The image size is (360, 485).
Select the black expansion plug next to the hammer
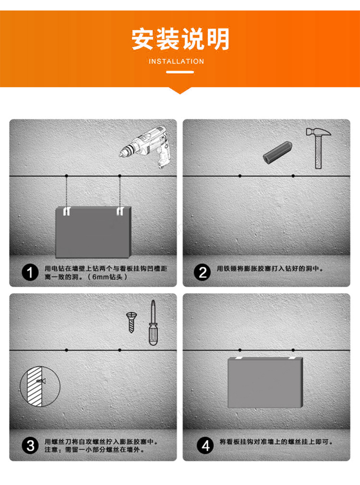[278, 153]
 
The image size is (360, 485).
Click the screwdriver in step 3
[153, 323]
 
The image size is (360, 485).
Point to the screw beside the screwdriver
[131, 322]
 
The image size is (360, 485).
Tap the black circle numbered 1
[30, 272]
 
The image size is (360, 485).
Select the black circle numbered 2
[202, 272]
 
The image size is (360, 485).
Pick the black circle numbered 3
[30, 445]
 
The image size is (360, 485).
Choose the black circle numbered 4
[205, 445]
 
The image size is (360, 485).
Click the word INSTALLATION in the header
[176, 61]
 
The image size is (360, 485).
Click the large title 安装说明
[180, 39]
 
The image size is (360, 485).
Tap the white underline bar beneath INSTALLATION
[180, 72]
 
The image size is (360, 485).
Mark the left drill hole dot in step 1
[67, 176]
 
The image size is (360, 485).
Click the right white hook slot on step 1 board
[120, 211]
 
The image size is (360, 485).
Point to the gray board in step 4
[265, 382]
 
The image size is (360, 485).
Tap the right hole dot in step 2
[293, 176]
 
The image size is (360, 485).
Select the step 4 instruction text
[276, 442]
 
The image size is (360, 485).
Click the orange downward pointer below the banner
[180, 90]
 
